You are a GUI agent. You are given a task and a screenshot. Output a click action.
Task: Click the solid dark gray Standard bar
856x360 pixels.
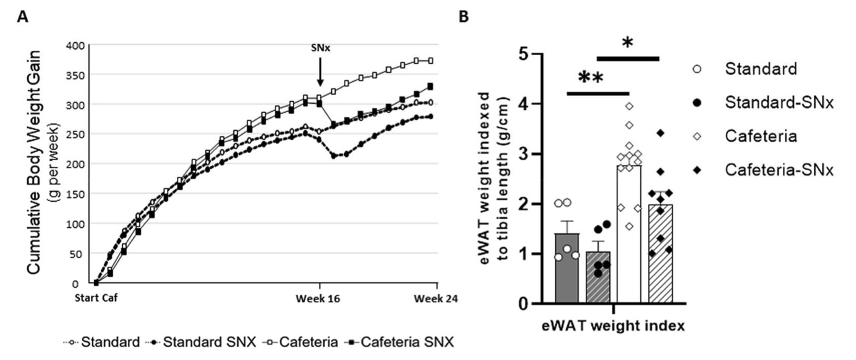[x=567, y=268]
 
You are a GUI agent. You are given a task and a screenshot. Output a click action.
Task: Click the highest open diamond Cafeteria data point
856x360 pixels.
[x=628, y=106]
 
